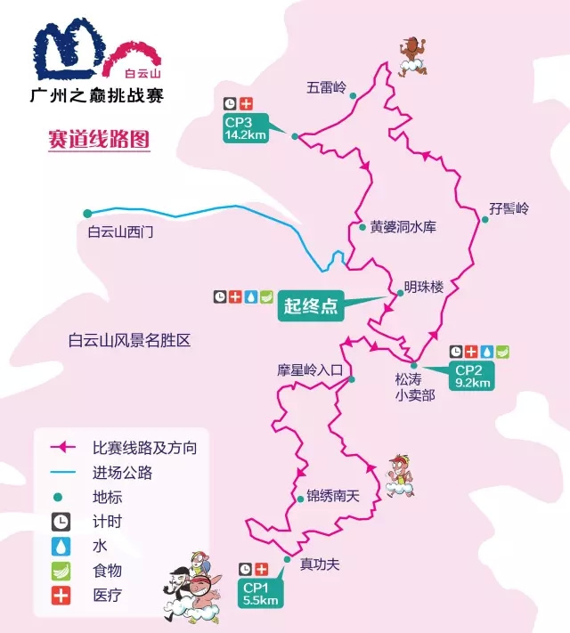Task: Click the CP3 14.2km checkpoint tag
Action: click(247, 129)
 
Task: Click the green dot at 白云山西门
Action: click(87, 213)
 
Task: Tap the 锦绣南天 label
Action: click(331, 497)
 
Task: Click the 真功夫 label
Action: click(320, 564)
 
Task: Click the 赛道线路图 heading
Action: click(99, 140)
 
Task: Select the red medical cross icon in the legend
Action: click(61, 596)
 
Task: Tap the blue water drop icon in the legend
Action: click(61, 546)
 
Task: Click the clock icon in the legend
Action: click(61, 522)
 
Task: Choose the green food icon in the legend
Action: click(61, 571)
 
